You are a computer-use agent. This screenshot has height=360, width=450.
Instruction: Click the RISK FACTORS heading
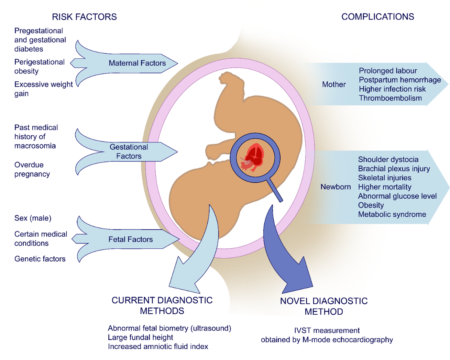click(84, 17)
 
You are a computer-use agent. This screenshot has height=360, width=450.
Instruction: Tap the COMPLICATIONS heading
click(377, 17)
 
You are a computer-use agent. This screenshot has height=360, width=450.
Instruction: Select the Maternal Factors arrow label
click(137, 63)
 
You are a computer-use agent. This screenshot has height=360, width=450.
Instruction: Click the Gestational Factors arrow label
click(129, 151)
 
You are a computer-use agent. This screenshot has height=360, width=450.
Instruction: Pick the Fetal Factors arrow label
click(130, 239)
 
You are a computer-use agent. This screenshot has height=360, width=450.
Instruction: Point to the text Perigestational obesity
click(39, 67)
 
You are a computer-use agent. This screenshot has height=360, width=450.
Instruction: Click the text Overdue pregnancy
click(32, 169)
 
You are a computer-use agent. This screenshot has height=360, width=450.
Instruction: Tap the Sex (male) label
click(33, 218)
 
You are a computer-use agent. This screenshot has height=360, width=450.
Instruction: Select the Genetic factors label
click(40, 259)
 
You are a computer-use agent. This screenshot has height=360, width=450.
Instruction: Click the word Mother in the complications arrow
click(334, 85)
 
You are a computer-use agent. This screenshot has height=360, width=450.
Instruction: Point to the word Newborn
click(336, 187)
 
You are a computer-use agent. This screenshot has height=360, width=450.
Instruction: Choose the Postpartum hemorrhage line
click(400, 80)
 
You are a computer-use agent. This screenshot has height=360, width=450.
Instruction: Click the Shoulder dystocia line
click(388, 159)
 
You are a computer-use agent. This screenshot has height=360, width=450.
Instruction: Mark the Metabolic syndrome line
click(392, 214)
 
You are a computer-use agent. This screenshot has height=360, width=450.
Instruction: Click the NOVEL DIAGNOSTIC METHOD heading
click(324, 306)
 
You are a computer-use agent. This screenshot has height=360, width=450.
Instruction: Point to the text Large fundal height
click(140, 337)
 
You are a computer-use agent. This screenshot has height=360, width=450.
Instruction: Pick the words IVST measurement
click(327, 330)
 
